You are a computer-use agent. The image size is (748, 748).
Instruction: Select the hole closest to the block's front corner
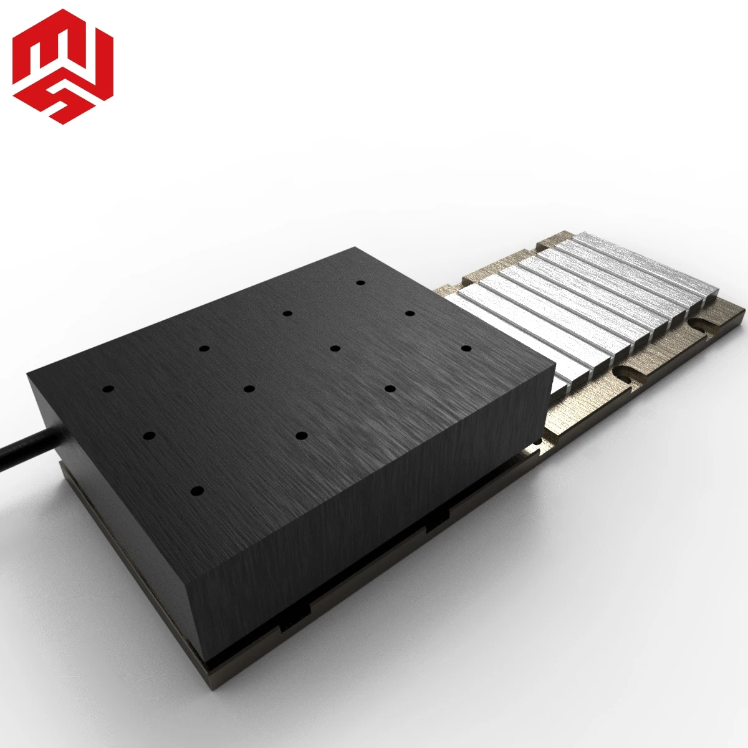(x=197, y=492)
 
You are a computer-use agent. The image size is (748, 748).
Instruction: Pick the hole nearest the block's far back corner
(x=360, y=282)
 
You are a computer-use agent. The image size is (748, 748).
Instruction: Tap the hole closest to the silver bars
(x=466, y=346)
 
